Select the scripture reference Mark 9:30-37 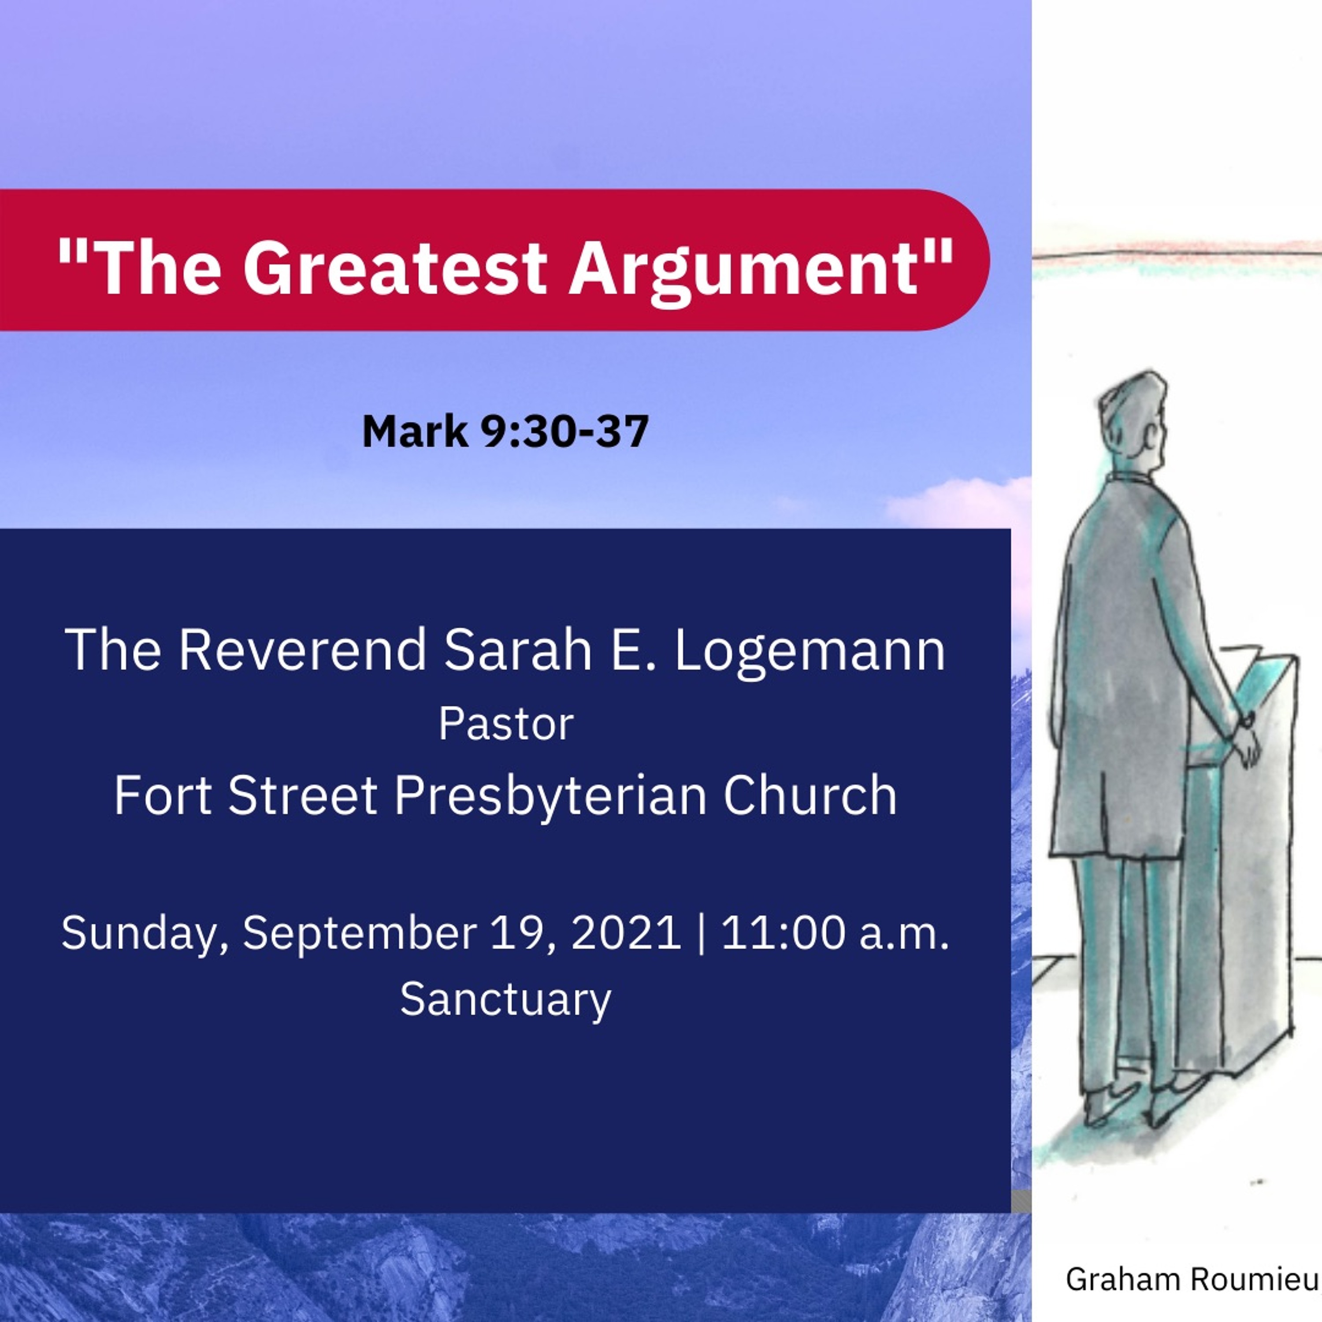[x=505, y=432]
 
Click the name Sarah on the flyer [x=517, y=650]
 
